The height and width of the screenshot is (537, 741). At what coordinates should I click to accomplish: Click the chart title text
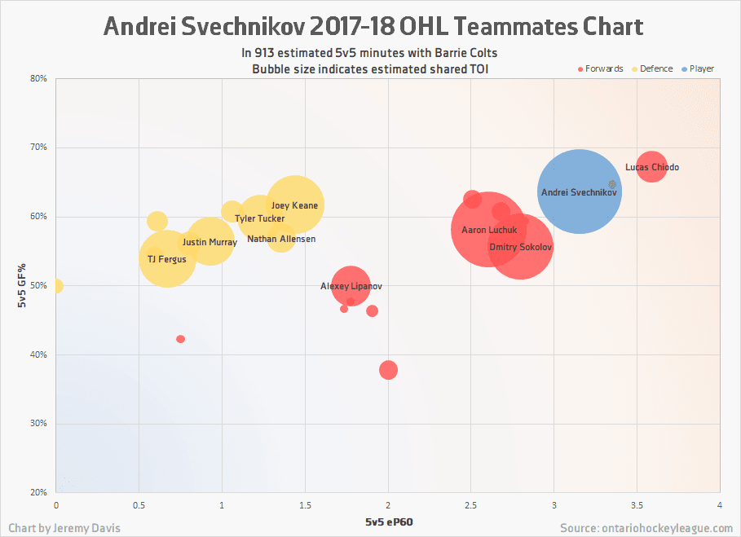coord(373,27)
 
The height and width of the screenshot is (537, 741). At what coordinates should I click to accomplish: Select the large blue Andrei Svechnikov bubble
coord(580,191)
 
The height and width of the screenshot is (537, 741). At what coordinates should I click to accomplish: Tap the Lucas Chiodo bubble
coord(651,166)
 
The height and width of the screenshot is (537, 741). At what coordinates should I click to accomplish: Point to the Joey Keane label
coord(294,205)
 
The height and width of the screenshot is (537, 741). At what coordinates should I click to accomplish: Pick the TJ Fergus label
coord(166,259)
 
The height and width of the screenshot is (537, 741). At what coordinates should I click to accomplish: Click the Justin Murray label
coord(210,242)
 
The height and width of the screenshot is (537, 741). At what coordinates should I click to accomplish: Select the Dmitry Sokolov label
coord(521,247)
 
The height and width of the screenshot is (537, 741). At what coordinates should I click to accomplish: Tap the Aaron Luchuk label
coord(489,230)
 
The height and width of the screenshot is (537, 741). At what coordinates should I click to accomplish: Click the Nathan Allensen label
coord(280,239)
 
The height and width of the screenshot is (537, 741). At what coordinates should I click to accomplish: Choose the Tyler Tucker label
coord(259,218)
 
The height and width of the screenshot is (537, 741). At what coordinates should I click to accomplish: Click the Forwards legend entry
coord(600,68)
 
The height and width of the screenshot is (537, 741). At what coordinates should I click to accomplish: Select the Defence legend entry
coord(652,68)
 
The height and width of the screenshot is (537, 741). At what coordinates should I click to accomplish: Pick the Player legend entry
coord(697,68)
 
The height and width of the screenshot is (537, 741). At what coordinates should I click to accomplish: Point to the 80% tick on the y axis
coord(39,79)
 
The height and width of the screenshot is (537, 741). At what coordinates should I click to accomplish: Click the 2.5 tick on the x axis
coord(471,506)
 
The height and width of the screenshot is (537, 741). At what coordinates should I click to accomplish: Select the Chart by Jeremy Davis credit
coord(64,528)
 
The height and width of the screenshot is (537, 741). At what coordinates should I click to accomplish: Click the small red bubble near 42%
coord(180,339)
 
